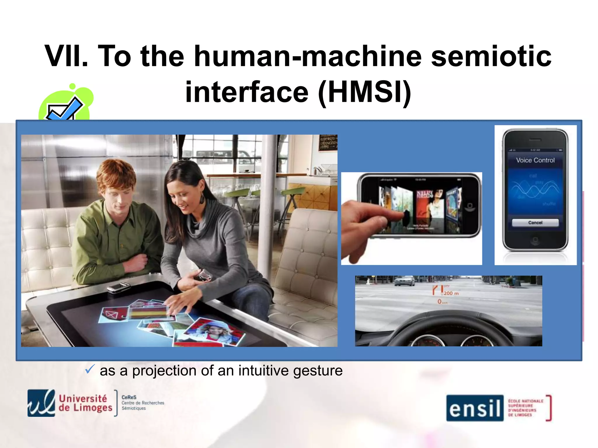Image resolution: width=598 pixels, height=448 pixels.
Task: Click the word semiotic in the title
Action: (x=491, y=56)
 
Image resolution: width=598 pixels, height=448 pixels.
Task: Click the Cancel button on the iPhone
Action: (x=535, y=223)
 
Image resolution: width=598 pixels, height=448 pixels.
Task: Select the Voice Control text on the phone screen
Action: (x=535, y=160)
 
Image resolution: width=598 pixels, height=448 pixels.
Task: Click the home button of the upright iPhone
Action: (x=535, y=240)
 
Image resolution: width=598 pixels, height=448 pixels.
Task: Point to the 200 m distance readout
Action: (x=451, y=293)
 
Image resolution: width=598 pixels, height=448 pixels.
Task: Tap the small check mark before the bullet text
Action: (x=89, y=369)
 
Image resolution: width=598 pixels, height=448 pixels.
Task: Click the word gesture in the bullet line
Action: (x=318, y=371)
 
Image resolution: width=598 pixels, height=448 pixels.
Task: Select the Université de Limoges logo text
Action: (x=85, y=403)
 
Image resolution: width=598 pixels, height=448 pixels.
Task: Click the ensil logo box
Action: (x=475, y=408)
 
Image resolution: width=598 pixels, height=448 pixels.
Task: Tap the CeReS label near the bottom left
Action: (x=129, y=397)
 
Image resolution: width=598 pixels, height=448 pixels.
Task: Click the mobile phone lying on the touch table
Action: (x=118, y=287)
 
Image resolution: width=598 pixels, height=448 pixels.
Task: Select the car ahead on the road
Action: (x=404, y=281)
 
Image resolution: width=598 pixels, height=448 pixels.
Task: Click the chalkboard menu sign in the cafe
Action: (x=328, y=143)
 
